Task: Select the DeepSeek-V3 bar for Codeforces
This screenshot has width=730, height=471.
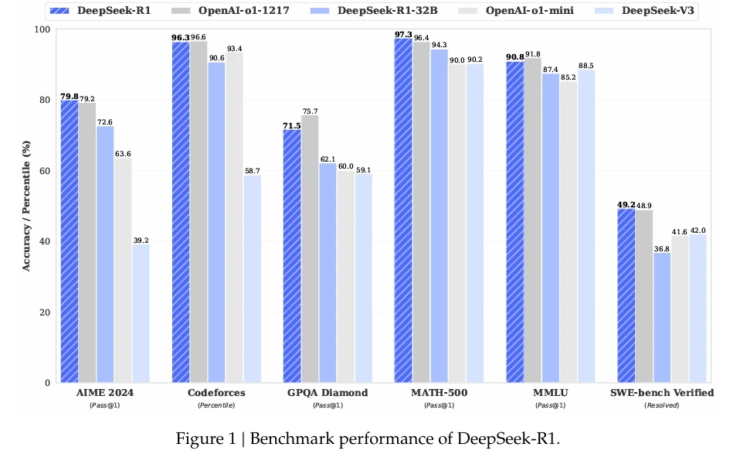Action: coord(252,278)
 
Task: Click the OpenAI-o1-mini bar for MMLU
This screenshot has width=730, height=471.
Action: coord(568,232)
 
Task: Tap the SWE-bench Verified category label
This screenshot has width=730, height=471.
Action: coord(663,393)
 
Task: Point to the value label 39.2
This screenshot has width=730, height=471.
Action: coord(141,240)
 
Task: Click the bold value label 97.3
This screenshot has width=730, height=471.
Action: coord(402,34)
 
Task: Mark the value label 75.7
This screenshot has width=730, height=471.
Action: coord(311,111)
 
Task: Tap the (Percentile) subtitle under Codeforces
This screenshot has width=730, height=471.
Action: coord(216,405)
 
